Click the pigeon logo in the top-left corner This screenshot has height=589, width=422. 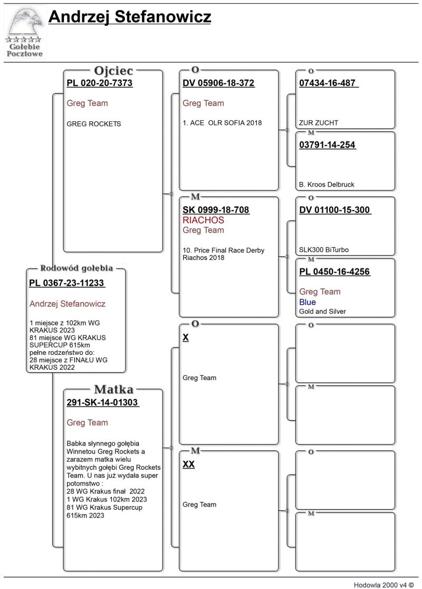[25, 32]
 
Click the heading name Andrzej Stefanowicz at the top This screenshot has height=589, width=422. [130, 17]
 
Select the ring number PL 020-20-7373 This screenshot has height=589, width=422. [99, 83]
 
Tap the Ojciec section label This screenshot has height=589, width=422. [113, 71]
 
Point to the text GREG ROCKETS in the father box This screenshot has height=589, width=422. [93, 124]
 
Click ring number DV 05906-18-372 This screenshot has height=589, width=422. [218, 83]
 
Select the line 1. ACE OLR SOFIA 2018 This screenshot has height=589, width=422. [222, 123]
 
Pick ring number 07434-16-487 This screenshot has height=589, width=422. [328, 83]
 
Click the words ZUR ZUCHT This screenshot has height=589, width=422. [318, 123]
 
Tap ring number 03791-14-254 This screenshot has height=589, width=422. [327, 145]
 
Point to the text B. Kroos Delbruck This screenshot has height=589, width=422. [327, 185]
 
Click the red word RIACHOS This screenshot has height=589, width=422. [203, 220]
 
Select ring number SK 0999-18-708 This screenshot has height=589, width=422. [216, 210]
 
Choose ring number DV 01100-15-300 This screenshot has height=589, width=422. [334, 210]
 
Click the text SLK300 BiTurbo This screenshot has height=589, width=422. [323, 250]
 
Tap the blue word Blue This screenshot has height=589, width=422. [307, 302]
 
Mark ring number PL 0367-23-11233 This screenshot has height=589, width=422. [66, 283]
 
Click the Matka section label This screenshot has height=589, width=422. [113, 390]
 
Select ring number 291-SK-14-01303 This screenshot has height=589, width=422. [102, 402]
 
